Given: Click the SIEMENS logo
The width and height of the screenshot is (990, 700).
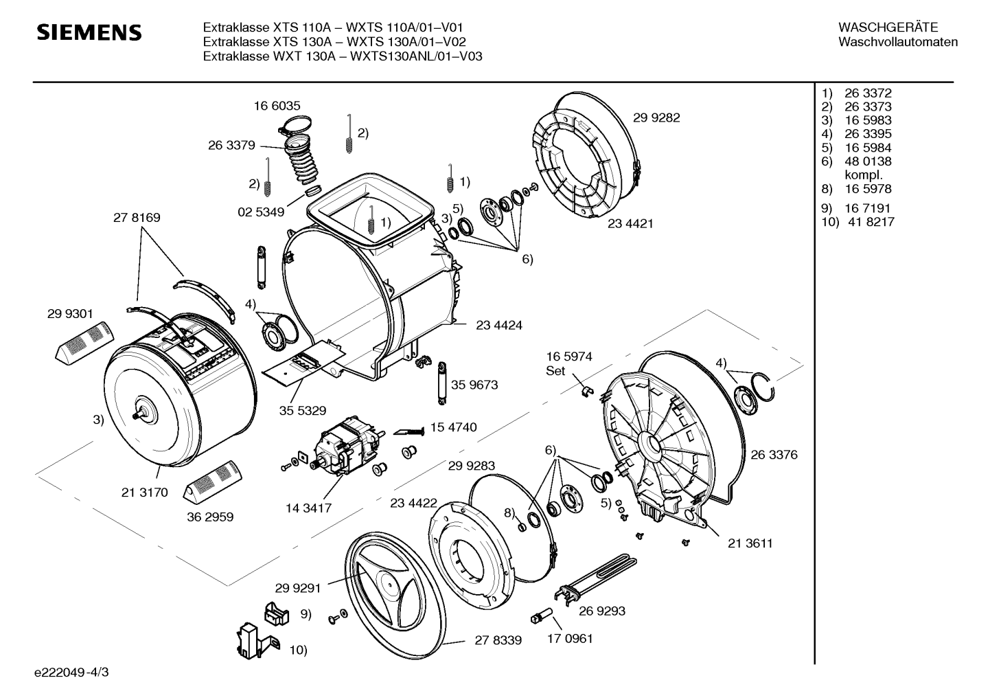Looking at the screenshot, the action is click(89, 33).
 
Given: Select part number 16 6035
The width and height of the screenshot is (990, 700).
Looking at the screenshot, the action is click(277, 106).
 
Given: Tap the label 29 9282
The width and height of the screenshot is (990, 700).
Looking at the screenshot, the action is click(656, 117).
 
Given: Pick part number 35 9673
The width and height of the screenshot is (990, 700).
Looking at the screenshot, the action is click(474, 385).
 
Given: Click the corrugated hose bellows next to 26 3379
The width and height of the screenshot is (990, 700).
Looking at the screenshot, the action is click(302, 163).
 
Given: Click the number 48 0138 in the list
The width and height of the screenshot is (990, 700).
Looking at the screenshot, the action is click(868, 161).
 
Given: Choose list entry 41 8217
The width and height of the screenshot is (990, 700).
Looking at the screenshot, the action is click(871, 222).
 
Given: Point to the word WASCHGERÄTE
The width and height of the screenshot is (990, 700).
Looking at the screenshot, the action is click(888, 27).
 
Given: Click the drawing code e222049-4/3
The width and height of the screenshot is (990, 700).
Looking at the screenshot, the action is click(71, 673).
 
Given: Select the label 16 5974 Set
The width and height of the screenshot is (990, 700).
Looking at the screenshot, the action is click(569, 363).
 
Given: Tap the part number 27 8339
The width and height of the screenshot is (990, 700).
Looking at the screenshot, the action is click(498, 640).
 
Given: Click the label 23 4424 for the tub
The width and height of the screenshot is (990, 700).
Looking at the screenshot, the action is click(499, 326).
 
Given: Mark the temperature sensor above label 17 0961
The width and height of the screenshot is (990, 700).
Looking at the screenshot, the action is click(542, 615).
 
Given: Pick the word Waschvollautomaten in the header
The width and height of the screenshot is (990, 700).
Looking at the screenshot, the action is click(898, 42).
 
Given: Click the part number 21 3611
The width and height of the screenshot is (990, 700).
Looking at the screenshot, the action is click(750, 543).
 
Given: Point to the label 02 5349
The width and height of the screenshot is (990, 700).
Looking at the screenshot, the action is click(261, 212).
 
